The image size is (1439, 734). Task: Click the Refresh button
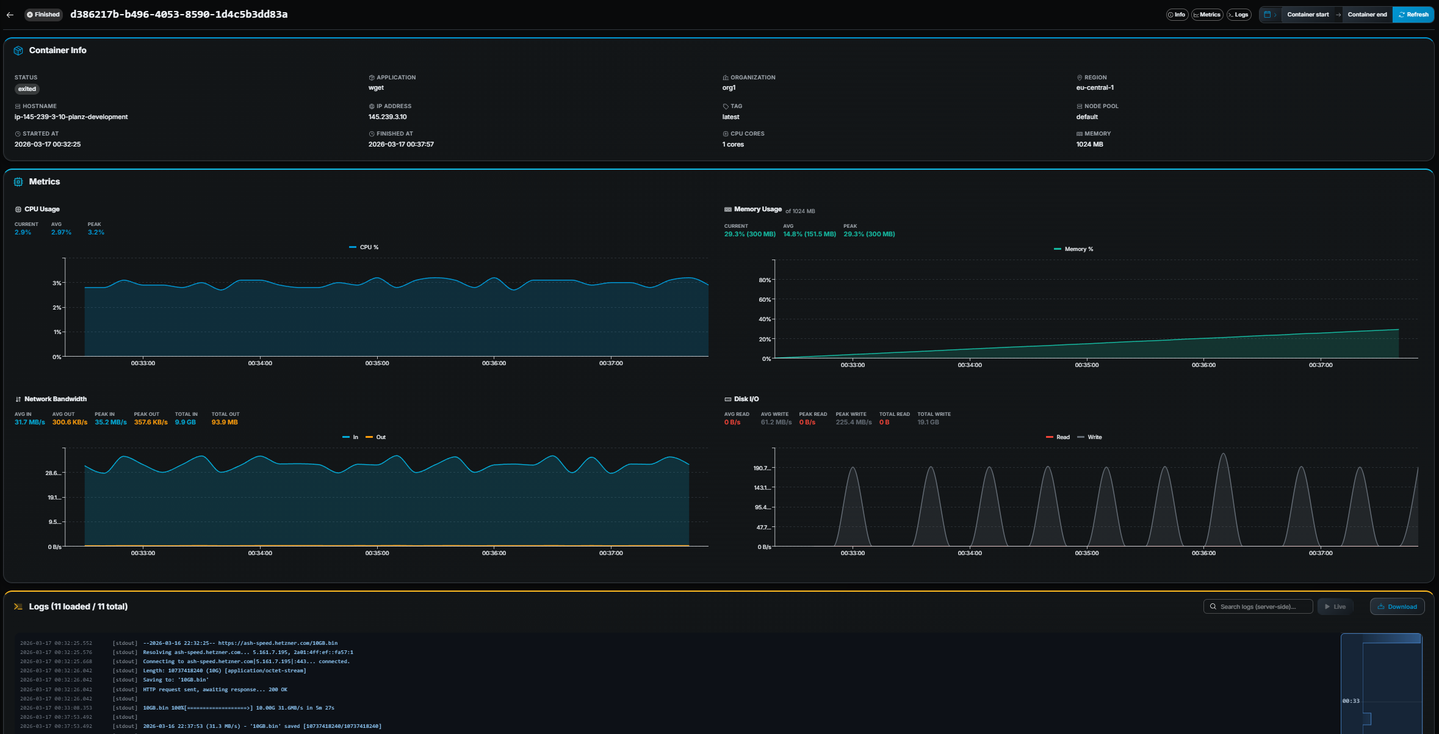pos(1413,15)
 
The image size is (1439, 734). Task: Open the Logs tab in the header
pos(1239,15)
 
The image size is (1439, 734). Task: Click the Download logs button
pos(1397,606)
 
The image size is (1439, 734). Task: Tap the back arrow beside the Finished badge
pos(10,15)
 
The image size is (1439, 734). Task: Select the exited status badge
pos(27,89)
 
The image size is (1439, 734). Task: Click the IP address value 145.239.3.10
pos(388,117)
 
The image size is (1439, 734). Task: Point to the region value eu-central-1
pos(1095,87)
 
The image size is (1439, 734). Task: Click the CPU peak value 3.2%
pos(96,232)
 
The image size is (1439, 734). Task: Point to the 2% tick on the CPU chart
pos(57,308)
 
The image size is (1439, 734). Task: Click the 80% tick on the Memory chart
pos(764,280)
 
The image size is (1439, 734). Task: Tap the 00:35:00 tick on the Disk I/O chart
pos(1086,553)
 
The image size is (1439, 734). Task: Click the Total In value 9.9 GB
pos(185,422)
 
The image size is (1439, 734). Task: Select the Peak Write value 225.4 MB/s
pos(853,422)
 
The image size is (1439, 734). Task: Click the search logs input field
pos(1258,606)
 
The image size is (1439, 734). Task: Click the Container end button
pos(1367,15)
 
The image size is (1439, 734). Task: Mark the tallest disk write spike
pos(1222,455)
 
